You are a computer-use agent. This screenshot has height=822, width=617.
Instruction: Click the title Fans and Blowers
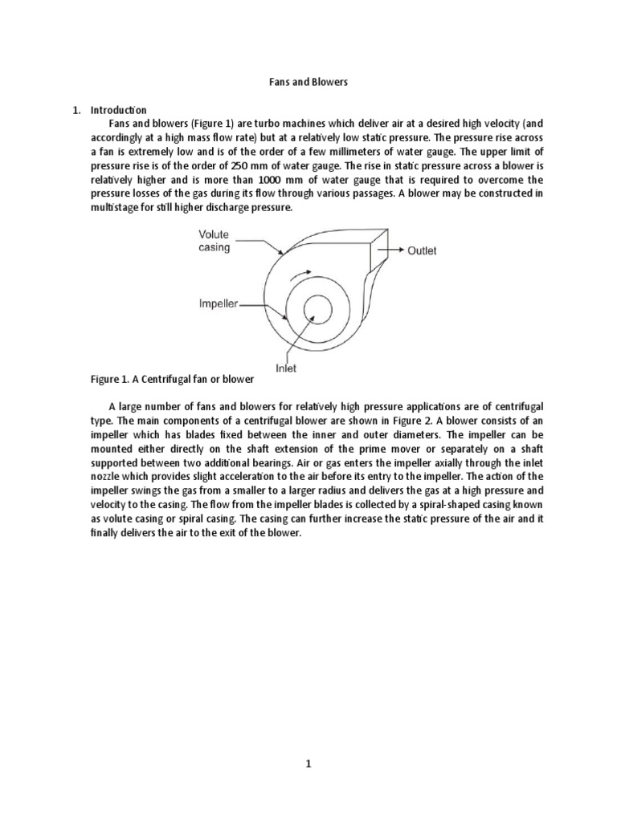[x=308, y=82]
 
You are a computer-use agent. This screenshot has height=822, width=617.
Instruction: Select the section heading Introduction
[x=117, y=109]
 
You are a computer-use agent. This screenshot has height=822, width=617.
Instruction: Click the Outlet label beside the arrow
[x=422, y=251]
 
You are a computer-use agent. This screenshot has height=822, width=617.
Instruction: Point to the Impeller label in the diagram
[x=218, y=304]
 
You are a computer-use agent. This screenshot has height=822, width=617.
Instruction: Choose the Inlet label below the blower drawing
[x=287, y=368]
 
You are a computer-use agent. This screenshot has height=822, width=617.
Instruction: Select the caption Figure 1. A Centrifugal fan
[x=173, y=378]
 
